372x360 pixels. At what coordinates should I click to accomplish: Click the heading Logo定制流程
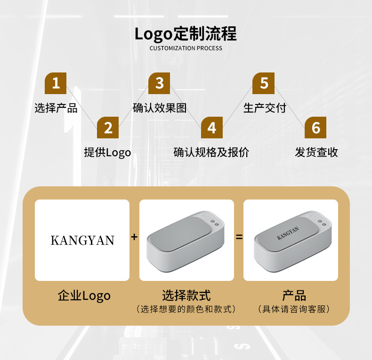click(186, 34)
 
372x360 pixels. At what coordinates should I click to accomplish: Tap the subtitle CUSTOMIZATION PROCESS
click(186, 48)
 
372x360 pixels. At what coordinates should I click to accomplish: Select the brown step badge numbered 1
click(56, 83)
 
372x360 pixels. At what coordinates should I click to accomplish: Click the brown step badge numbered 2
click(108, 128)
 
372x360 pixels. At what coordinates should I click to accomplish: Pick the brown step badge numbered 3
click(159, 83)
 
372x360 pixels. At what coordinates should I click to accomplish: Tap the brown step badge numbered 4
click(211, 128)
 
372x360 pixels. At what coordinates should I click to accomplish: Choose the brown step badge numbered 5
click(264, 83)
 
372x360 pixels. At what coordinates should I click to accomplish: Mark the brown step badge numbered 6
click(315, 128)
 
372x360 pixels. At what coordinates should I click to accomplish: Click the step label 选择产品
click(56, 108)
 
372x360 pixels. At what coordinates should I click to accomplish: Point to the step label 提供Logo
click(107, 152)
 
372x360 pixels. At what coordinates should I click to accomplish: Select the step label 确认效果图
click(160, 108)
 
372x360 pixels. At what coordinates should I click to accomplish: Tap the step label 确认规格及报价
click(211, 152)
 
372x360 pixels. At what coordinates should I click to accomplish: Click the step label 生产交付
click(264, 108)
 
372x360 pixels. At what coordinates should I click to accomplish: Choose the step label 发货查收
click(316, 152)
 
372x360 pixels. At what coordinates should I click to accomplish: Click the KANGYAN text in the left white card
click(82, 240)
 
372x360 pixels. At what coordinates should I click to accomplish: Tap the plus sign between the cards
click(134, 237)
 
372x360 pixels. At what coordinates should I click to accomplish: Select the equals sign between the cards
click(239, 237)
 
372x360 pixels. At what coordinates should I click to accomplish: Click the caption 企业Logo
click(84, 296)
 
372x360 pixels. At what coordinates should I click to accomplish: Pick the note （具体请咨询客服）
click(294, 309)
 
